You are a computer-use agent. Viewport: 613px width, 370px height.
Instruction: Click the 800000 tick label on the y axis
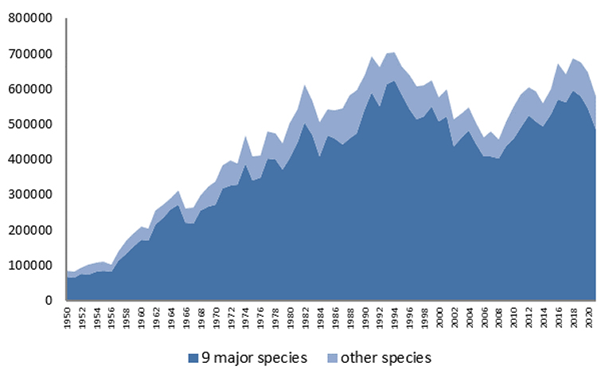click(30, 18)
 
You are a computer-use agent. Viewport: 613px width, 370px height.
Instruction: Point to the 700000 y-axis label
click(30, 54)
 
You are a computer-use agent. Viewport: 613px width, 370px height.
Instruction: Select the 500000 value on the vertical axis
click(30, 124)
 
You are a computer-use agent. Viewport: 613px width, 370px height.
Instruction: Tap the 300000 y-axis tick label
click(30, 195)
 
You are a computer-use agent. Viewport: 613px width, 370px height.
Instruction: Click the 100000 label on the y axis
click(30, 265)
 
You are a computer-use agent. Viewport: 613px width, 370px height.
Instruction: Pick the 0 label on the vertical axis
click(49, 300)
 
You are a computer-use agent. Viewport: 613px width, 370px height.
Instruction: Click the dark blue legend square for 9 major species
click(193, 358)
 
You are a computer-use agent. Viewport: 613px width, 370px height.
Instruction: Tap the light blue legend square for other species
click(332, 358)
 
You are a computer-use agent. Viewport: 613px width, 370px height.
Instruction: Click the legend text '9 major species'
click(255, 358)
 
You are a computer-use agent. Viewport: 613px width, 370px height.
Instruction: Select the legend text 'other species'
click(386, 358)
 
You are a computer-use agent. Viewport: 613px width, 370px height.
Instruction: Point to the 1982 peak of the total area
click(305, 85)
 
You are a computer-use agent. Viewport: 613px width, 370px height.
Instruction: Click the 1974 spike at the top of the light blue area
click(245, 136)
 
